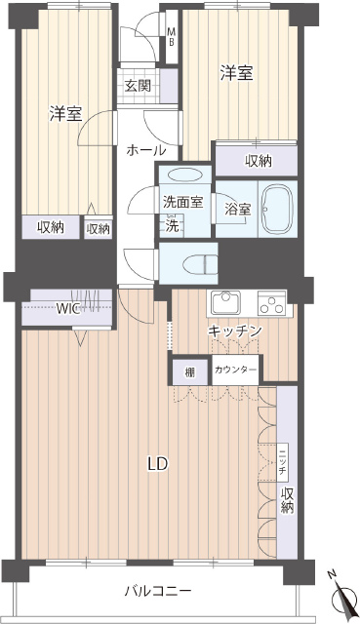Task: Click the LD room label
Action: (x=158, y=464)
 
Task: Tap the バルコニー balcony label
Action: (x=158, y=591)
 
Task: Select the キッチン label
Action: (x=235, y=331)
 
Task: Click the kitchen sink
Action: (x=225, y=302)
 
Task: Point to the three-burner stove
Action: (x=271, y=303)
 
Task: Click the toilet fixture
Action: (x=200, y=263)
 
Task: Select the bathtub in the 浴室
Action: (x=278, y=209)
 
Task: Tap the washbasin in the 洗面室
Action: (x=184, y=175)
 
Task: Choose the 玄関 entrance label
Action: (x=138, y=86)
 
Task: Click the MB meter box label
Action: (x=171, y=37)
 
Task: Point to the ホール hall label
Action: (x=145, y=150)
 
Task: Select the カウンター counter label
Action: (x=235, y=370)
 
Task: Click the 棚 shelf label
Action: (x=190, y=372)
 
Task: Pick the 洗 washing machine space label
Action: (x=173, y=226)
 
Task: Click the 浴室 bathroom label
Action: (x=237, y=210)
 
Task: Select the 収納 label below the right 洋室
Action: (x=259, y=161)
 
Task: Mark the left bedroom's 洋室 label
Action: (x=65, y=114)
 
